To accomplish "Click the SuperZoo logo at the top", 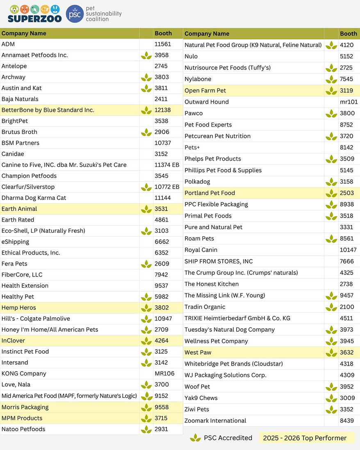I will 34,14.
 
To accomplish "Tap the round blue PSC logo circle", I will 75,14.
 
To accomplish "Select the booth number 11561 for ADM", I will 163,44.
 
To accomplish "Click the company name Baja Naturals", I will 20,99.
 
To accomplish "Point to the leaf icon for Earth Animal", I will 146,209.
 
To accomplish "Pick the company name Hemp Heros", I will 19,308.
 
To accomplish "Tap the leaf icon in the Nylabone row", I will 331,80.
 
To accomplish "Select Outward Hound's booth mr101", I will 349,102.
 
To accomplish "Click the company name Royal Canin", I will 201,250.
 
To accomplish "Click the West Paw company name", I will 198,352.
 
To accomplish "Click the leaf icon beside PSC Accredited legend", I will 195,438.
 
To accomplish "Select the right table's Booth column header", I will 349,34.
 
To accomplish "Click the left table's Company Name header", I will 24,33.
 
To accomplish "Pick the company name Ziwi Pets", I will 197,409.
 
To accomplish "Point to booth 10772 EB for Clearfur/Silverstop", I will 167,187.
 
